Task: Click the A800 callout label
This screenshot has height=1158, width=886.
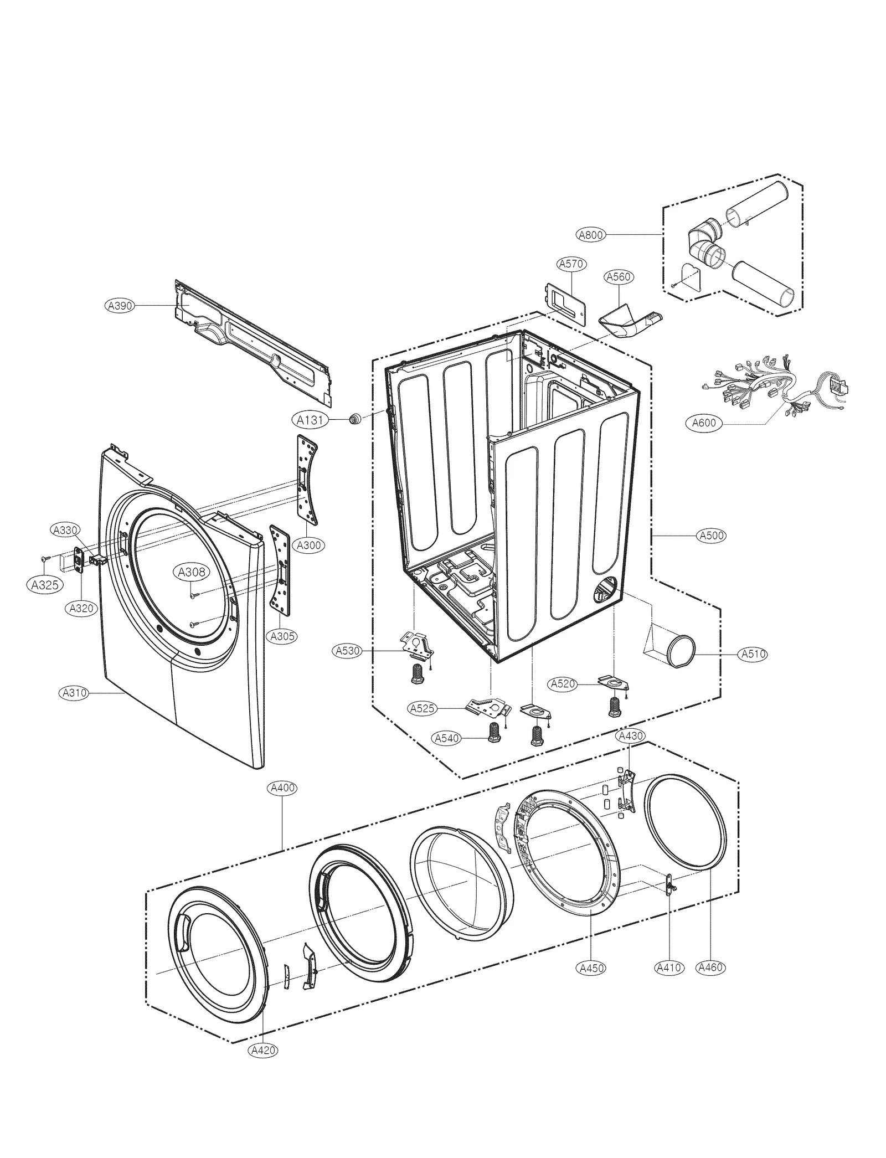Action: [590, 235]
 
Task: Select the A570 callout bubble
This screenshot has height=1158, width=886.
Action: [571, 264]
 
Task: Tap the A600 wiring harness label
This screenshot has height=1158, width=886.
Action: [704, 423]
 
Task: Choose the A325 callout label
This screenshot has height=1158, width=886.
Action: [45, 585]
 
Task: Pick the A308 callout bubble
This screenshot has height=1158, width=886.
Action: [191, 573]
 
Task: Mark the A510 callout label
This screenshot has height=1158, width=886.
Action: [753, 654]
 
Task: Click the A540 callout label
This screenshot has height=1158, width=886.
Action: [447, 738]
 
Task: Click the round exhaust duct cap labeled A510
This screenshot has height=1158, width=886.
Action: [680, 652]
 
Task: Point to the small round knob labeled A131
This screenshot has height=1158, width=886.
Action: [354, 419]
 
